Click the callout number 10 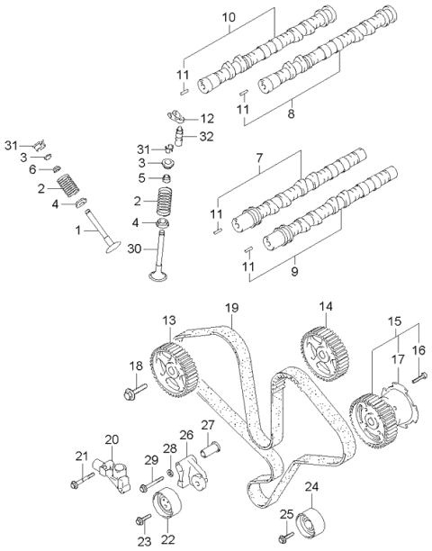pos(229,17)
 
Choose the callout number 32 pos(207,136)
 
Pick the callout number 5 pos(141,178)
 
